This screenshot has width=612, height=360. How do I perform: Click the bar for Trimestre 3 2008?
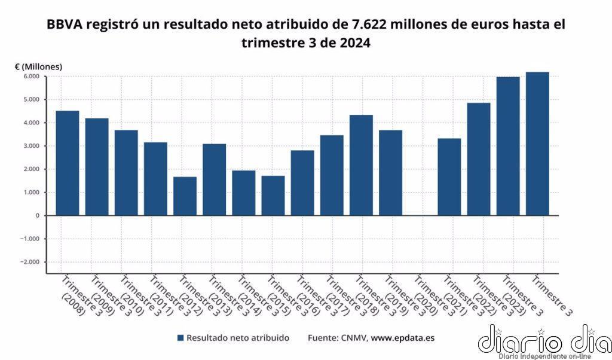68,163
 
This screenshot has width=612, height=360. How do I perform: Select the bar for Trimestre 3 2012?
185,196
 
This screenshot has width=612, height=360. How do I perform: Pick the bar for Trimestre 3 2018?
361,165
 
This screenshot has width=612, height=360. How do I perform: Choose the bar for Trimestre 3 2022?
478,159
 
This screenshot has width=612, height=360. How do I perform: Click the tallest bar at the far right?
537,144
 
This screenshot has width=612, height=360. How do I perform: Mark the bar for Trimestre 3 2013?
214,179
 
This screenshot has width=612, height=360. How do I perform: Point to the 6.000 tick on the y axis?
31,77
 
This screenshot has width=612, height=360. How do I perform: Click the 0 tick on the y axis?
37,215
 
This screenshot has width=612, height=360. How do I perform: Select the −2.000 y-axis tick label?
29,262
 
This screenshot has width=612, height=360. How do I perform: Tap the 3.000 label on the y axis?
31,146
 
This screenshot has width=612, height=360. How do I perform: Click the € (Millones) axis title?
38,66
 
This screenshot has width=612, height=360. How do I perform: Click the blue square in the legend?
180,338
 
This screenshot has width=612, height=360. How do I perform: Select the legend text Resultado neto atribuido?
237,338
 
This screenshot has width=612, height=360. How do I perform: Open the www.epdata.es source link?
402,338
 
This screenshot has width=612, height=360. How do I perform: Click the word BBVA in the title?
67,25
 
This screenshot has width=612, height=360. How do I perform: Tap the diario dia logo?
544,341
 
